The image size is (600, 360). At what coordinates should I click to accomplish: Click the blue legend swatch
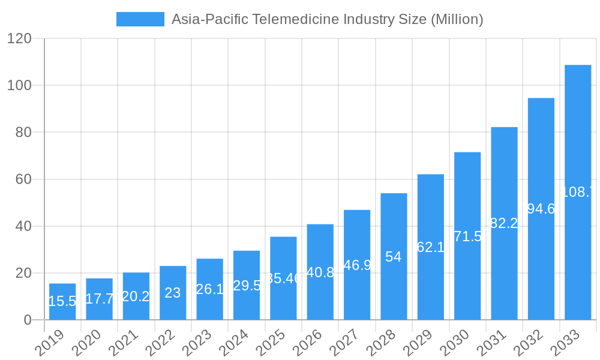click(x=140, y=19)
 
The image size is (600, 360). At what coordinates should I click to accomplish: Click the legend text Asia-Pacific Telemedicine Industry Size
click(x=327, y=19)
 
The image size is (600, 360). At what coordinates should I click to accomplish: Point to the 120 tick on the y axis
click(x=19, y=38)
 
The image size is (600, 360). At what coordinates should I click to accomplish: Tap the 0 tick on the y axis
click(x=28, y=320)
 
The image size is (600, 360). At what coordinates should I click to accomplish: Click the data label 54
click(x=394, y=257)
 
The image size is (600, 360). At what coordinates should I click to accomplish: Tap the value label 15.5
click(x=62, y=301)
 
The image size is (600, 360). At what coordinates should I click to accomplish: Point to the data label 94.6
click(x=541, y=209)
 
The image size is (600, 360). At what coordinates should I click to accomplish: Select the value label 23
click(x=173, y=293)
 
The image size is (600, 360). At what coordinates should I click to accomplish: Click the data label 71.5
click(x=467, y=236)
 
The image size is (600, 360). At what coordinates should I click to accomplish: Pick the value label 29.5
click(x=247, y=286)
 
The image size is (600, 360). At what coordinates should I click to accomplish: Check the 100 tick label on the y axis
click(x=19, y=85)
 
